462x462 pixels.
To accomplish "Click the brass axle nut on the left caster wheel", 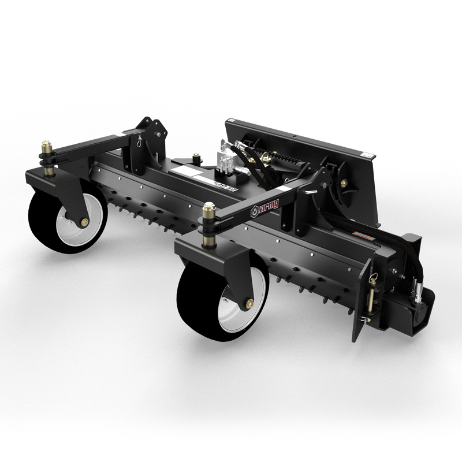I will click(x=84, y=222).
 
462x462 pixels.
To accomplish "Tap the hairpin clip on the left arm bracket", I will click(x=140, y=137).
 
